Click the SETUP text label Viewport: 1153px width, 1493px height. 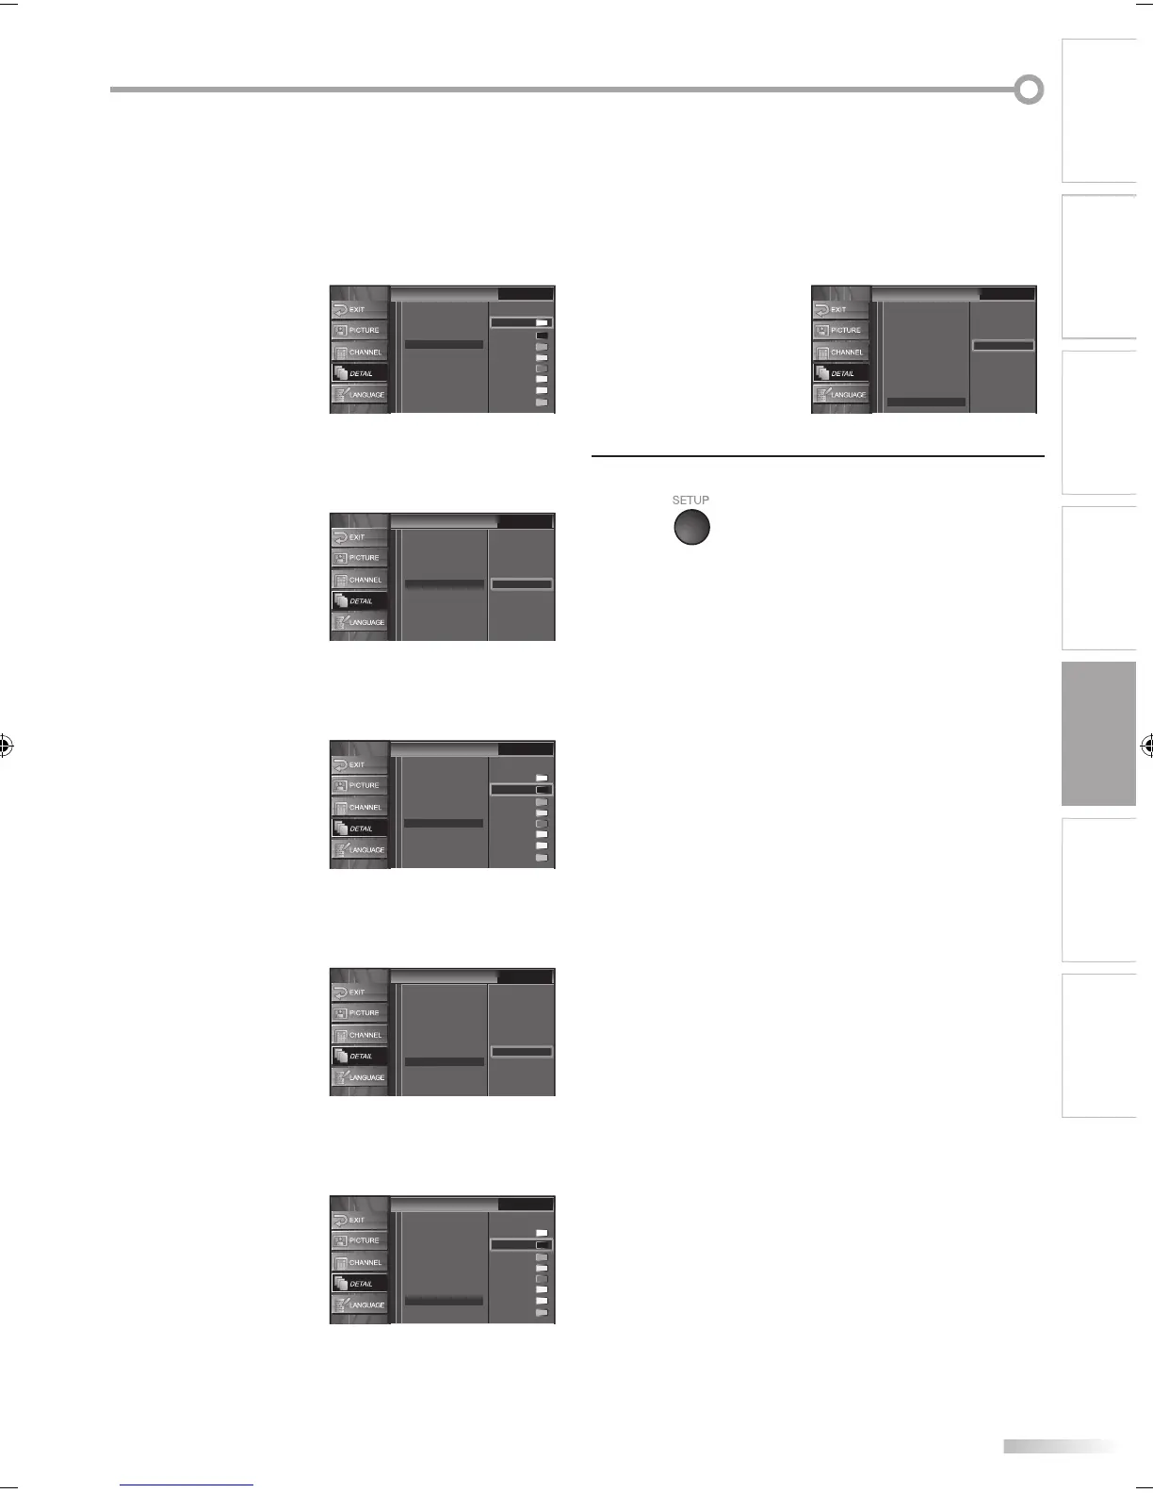pyautogui.click(x=690, y=500)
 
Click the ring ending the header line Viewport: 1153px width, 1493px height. pyautogui.click(x=1029, y=90)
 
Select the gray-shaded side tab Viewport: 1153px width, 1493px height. pyautogui.click(x=1098, y=734)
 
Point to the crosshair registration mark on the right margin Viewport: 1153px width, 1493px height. pyautogui.click(x=1146, y=746)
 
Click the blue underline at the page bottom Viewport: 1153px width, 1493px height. pyautogui.click(x=187, y=1485)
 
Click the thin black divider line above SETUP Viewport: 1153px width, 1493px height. pyautogui.click(x=818, y=457)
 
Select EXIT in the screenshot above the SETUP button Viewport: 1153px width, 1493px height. pyautogui.click(x=839, y=309)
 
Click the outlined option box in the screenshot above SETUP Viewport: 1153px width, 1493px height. pyautogui.click(x=1003, y=346)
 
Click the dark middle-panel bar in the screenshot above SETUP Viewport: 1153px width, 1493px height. pyautogui.click(x=926, y=402)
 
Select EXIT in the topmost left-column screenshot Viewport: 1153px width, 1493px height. pyautogui.click(x=358, y=309)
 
